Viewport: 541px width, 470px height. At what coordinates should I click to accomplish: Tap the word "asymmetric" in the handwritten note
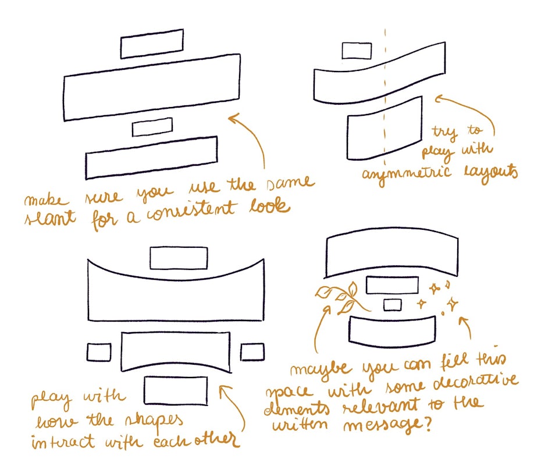[407, 174]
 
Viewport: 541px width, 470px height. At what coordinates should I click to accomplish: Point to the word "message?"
[387, 425]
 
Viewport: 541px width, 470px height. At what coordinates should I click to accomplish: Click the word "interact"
[63, 441]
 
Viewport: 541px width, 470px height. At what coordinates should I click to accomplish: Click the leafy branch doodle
[340, 297]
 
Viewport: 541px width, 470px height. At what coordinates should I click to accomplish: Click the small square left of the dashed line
[357, 51]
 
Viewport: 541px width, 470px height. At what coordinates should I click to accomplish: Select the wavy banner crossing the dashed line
[379, 73]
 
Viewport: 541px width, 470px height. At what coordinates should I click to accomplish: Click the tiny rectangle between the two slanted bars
[152, 127]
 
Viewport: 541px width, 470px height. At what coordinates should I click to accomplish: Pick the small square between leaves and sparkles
[393, 305]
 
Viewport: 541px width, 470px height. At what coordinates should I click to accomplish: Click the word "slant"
[49, 219]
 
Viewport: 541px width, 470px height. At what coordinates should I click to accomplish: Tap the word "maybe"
[321, 370]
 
